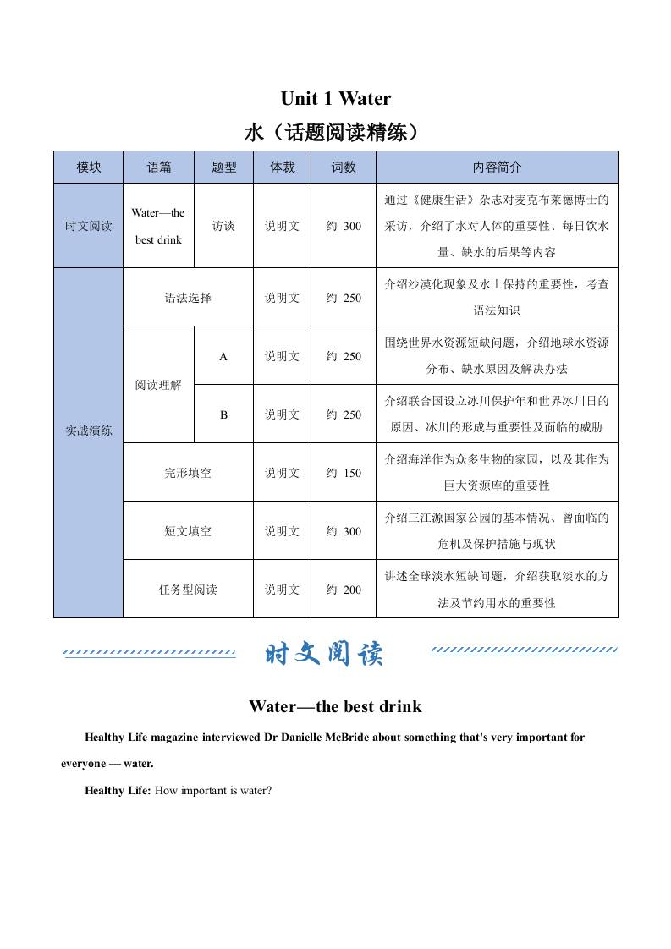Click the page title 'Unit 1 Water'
click(x=335, y=99)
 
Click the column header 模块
click(x=88, y=167)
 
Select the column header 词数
click(x=343, y=167)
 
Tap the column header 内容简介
click(x=497, y=167)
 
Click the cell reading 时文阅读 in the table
click(x=88, y=226)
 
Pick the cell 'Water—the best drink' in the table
click(x=158, y=226)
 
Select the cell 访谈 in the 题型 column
click(x=223, y=226)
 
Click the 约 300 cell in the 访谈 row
click(x=343, y=226)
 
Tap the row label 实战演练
click(x=88, y=431)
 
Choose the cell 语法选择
click(x=188, y=298)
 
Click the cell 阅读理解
click(x=158, y=386)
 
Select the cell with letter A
click(x=223, y=356)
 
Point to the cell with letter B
click(x=223, y=414)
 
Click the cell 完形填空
click(x=188, y=473)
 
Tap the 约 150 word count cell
click(x=343, y=473)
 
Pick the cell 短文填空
click(x=188, y=531)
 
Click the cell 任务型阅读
click(x=188, y=590)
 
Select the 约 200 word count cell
click(x=343, y=590)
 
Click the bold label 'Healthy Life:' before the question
click(x=118, y=790)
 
